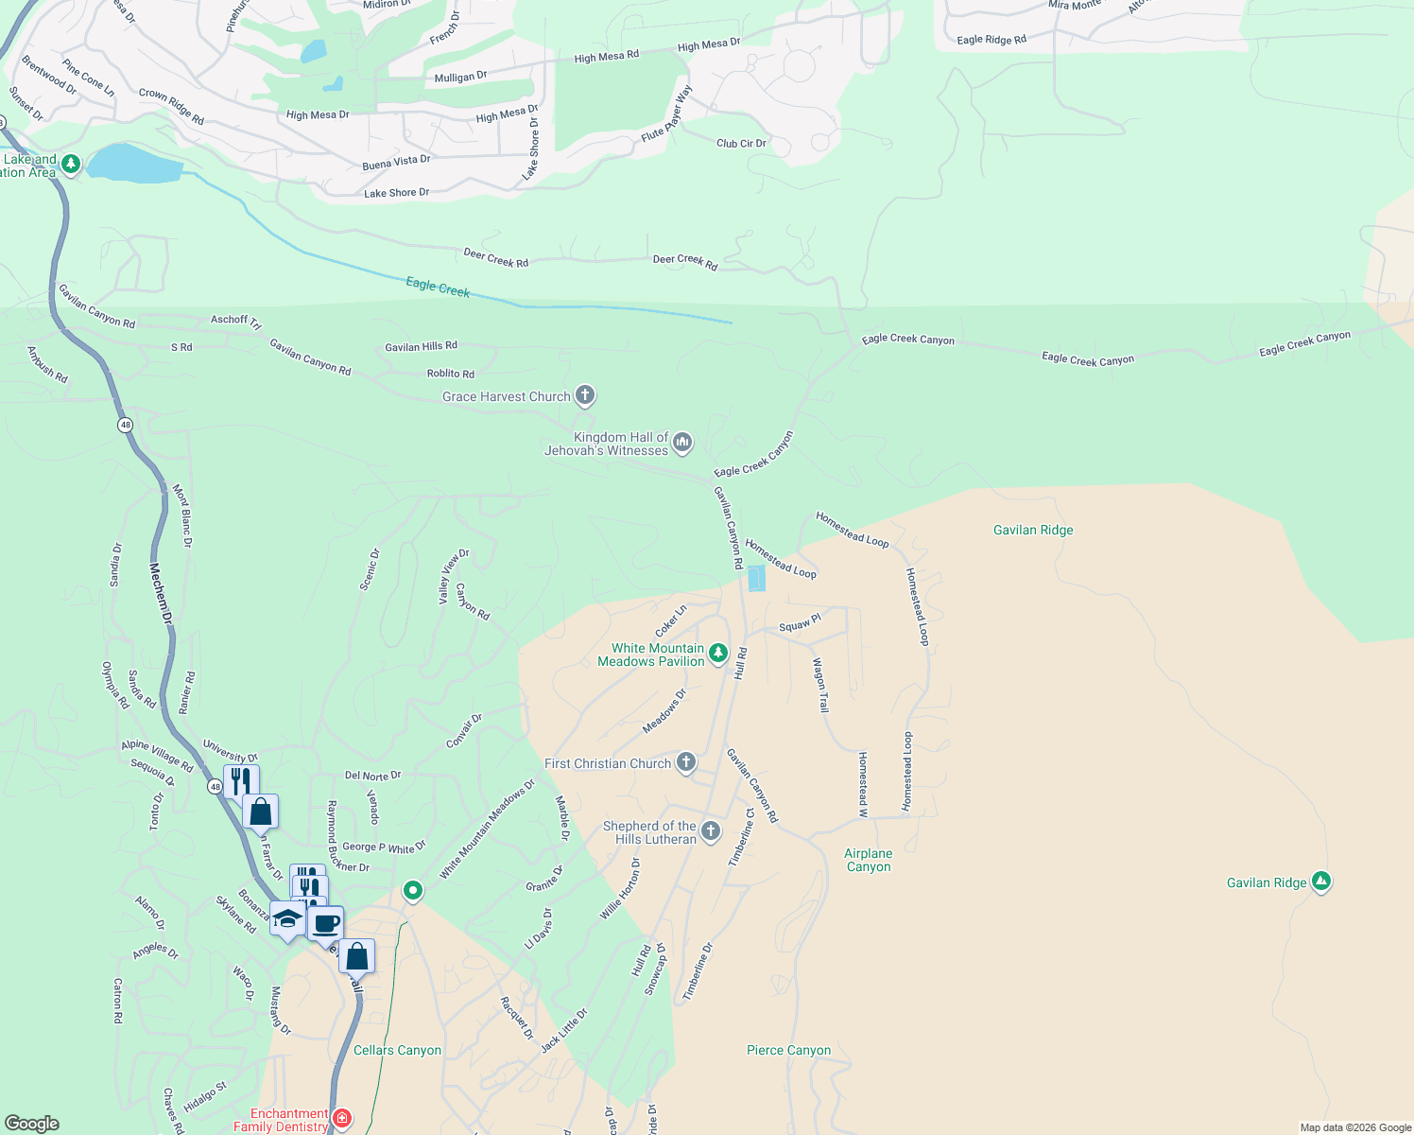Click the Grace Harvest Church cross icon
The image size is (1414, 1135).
click(585, 395)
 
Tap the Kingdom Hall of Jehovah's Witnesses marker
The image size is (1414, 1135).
click(682, 442)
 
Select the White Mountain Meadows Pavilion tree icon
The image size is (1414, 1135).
click(718, 653)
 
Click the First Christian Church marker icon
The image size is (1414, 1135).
click(686, 762)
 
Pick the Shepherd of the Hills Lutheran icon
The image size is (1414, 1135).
click(711, 831)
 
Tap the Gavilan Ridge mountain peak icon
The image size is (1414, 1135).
click(1321, 882)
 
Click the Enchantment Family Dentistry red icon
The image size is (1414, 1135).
click(342, 1118)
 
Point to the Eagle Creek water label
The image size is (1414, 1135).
click(438, 287)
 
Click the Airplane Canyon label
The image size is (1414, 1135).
click(868, 860)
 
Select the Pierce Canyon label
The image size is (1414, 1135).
click(788, 1050)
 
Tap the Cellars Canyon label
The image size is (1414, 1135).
click(397, 1050)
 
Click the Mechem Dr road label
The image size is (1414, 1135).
click(162, 593)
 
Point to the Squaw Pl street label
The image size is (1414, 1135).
click(800, 624)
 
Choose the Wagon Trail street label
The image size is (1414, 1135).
click(820, 685)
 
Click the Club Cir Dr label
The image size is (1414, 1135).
click(741, 144)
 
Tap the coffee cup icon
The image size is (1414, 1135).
click(326, 923)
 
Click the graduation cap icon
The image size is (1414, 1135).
click(287, 917)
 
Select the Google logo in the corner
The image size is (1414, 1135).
click(32, 1124)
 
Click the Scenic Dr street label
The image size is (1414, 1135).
click(370, 569)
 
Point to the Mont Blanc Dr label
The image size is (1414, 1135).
click(181, 516)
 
